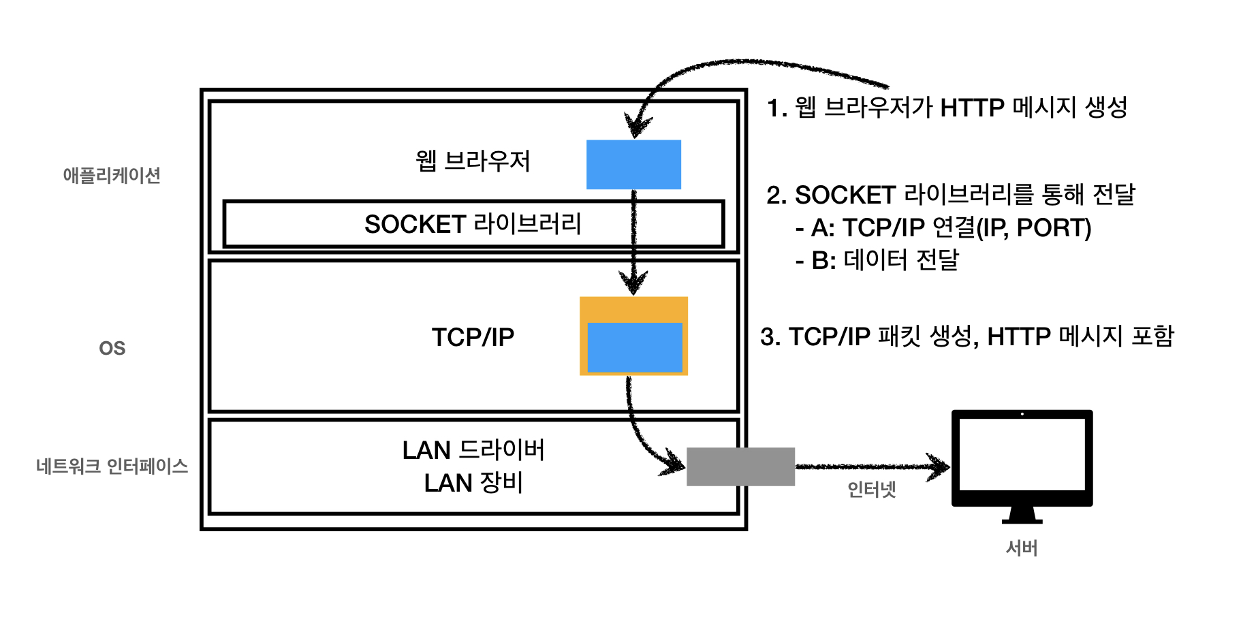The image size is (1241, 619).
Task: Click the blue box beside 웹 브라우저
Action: pos(633,164)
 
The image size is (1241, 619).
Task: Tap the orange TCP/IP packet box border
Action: pos(633,308)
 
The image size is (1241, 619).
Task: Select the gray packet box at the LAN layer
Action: pos(740,466)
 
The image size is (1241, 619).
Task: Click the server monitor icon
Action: pos(1022,460)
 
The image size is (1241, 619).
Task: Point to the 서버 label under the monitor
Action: pos(1022,548)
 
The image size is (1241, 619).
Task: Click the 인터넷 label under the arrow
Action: pos(871,489)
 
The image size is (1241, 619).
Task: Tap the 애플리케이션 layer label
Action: pos(112,176)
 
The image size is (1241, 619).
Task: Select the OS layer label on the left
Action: pos(112,349)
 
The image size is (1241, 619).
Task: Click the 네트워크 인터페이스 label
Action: pos(112,466)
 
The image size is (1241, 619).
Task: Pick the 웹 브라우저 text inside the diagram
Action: pos(473,161)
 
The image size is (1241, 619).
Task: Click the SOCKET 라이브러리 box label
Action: pos(473,224)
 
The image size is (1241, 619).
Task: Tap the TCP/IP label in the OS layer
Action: pos(473,337)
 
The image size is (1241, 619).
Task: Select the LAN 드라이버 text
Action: pos(473,450)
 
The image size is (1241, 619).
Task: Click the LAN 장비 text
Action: pos(473,483)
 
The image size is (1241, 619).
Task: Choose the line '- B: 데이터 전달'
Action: pos(877,260)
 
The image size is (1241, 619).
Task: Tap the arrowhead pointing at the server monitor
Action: pos(941,466)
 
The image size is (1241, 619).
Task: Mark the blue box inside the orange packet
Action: pos(635,347)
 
